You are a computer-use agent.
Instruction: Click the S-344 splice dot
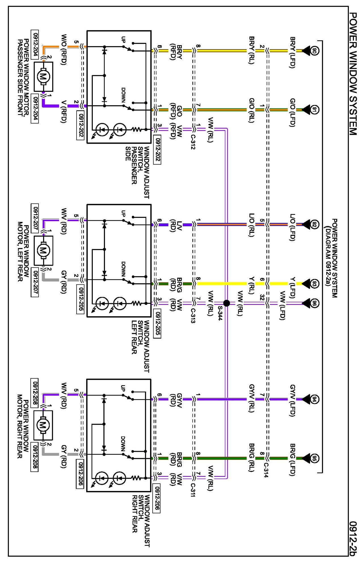click(x=226, y=303)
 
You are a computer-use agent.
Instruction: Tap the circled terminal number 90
click(x=314, y=51)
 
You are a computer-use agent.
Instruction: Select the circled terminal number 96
click(x=314, y=303)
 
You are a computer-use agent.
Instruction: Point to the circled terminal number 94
click(x=314, y=399)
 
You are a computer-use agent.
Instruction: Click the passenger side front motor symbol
click(x=43, y=76)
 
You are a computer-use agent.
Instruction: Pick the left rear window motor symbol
click(x=43, y=250)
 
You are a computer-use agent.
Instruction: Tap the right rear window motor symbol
click(x=43, y=425)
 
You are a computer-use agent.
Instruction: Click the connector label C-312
click(x=193, y=141)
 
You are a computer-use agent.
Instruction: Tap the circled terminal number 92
click(x=314, y=225)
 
